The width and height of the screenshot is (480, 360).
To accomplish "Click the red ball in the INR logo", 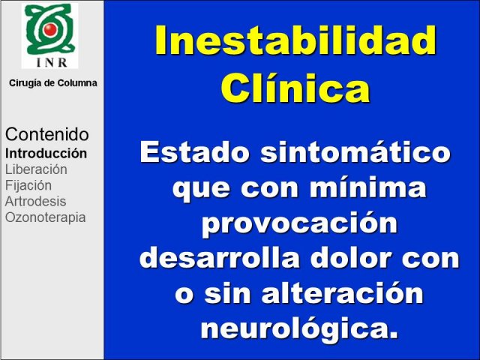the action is [50, 29].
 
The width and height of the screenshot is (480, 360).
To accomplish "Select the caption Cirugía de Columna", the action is [53, 83].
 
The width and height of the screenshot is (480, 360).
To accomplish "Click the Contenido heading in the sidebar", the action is [46, 134].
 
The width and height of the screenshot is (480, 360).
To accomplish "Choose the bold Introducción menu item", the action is [46, 153].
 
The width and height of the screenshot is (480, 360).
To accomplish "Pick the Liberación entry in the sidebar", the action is [36, 169].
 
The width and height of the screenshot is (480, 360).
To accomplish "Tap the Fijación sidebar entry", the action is [28, 185].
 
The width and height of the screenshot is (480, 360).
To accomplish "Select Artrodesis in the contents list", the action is [35, 202].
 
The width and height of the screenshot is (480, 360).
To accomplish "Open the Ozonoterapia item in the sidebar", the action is [45, 217].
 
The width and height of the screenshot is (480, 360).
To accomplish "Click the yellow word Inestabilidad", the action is [295, 40].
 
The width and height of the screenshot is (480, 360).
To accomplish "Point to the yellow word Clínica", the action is [295, 87].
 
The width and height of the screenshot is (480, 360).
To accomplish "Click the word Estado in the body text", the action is [193, 152].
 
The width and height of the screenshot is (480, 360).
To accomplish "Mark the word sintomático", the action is [355, 152].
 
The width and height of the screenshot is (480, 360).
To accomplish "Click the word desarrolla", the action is [220, 258].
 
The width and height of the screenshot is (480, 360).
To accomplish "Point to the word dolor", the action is [351, 258].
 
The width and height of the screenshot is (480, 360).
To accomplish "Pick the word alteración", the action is [342, 292].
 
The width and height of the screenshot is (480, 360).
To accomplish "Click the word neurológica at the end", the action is [299, 329].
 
